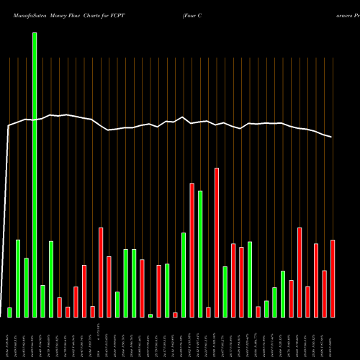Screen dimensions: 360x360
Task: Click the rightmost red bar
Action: [x=333, y=278]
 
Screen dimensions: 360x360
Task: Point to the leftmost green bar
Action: [x=9, y=312]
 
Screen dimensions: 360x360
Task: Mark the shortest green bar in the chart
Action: [x=150, y=315]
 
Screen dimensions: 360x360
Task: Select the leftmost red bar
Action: [x=60, y=307]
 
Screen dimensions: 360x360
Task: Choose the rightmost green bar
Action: [x=283, y=294]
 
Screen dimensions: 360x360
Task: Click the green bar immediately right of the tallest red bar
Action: [x=225, y=292]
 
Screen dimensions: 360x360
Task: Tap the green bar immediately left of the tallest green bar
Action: [x=27, y=287]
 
